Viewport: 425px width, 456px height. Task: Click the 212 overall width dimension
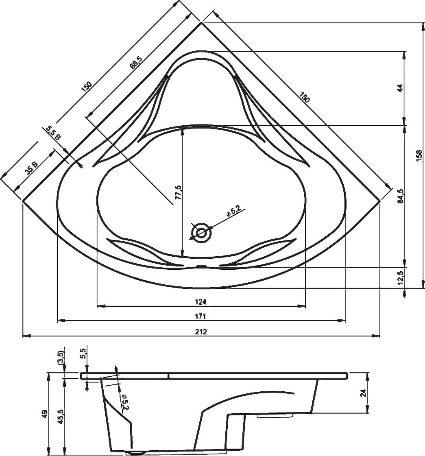(201, 332)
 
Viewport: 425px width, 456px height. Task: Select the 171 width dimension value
(201, 316)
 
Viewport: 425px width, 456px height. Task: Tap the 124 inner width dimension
(201, 301)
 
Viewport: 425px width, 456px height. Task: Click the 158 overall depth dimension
(420, 155)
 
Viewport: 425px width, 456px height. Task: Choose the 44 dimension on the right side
(400, 88)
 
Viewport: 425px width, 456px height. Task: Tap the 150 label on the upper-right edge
(304, 97)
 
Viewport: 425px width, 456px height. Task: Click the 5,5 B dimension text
(53, 133)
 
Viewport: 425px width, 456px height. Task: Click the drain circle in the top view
(201, 233)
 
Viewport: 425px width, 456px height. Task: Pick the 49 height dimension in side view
(45, 414)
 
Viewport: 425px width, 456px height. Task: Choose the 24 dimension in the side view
(363, 393)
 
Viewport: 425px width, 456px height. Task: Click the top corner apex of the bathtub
(201, 23)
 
